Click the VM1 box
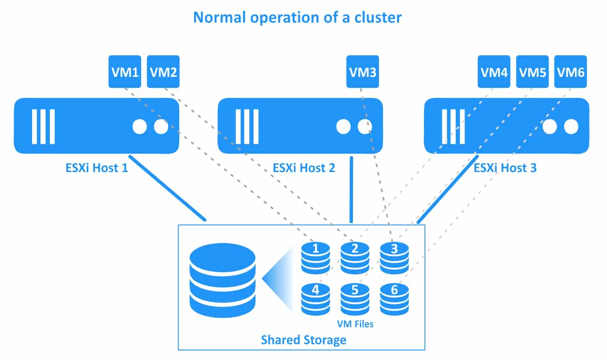(125, 72)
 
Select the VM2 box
(163, 72)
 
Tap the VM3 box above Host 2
(362, 72)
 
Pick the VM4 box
(494, 72)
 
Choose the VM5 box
(532, 72)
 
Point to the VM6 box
(571, 72)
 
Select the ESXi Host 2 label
(303, 168)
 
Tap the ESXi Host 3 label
(505, 168)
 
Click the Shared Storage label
(303, 339)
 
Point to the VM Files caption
(355, 324)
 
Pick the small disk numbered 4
(316, 298)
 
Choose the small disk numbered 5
(355, 298)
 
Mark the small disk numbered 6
(394, 298)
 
